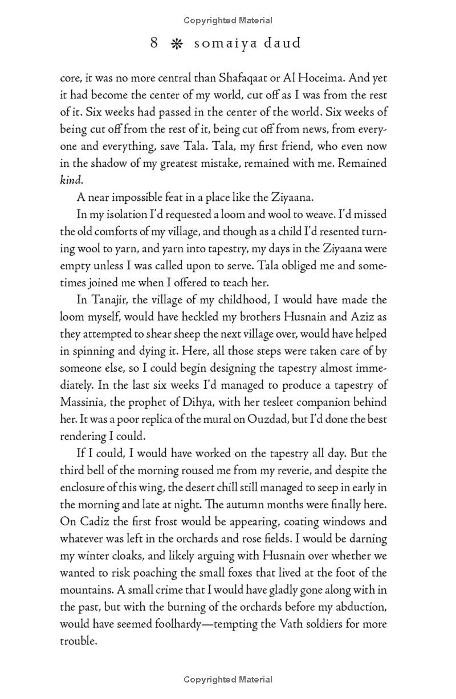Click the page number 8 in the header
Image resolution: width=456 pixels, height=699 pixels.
pyautogui.click(x=154, y=43)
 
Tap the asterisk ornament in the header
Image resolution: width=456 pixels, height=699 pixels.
pyautogui.click(x=176, y=44)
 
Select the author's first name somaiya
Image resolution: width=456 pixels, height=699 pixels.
pyautogui.click(x=222, y=43)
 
